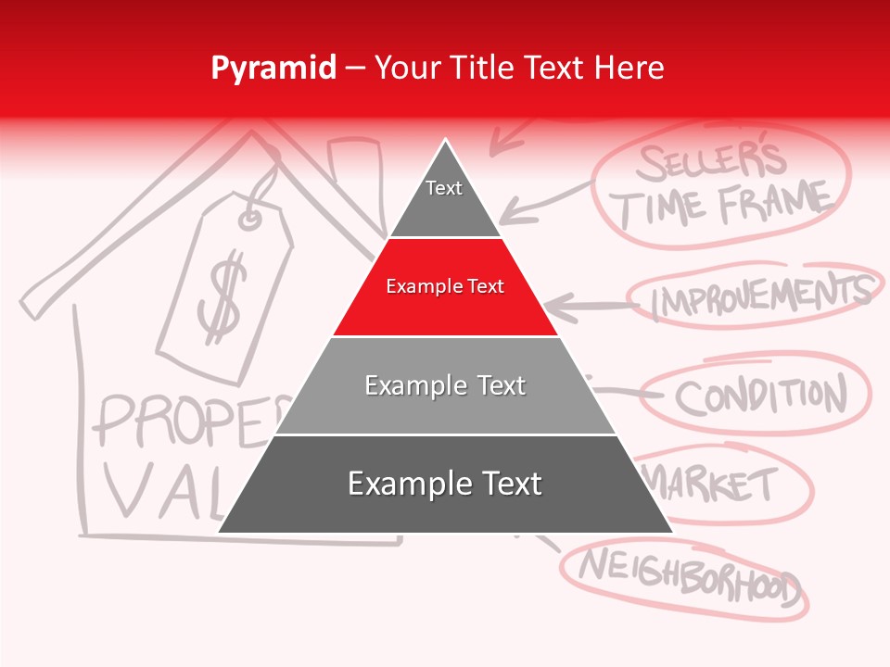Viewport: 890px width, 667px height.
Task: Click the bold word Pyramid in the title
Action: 273,69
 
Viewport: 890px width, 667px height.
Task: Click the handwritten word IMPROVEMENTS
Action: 760,295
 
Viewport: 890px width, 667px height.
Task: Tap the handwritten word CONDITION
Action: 760,396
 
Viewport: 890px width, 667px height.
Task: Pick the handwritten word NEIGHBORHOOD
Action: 687,573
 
